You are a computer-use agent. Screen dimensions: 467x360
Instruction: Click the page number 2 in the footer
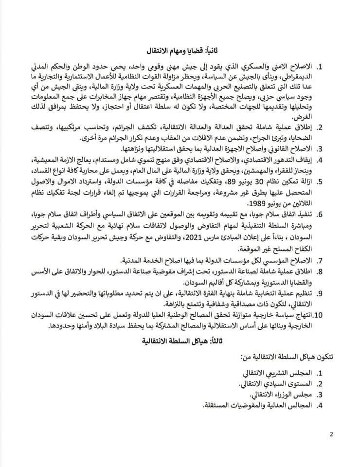[331, 434]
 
